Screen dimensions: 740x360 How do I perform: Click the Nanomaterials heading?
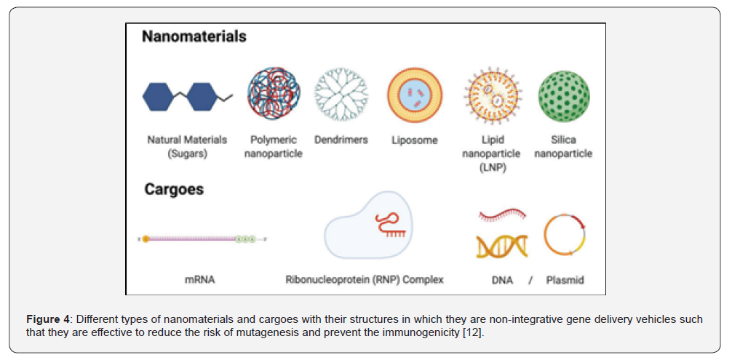point(194,37)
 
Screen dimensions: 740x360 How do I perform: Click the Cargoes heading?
point(174,189)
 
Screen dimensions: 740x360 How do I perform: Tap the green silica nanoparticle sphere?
point(564,96)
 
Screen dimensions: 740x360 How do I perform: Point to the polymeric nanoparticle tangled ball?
point(274,97)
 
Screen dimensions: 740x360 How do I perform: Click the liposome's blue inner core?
point(415,97)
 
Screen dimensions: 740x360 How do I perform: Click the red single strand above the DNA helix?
point(502,215)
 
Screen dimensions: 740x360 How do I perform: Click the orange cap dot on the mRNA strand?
point(146,239)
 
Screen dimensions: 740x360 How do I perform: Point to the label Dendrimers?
point(341,140)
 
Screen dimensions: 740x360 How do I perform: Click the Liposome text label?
point(415,140)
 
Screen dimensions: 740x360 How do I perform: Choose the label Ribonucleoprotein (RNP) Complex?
point(365,279)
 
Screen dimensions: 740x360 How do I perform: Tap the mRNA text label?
point(199,279)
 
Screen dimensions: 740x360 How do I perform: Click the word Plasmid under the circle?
point(565,280)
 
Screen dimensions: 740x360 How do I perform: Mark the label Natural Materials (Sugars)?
point(187,147)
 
